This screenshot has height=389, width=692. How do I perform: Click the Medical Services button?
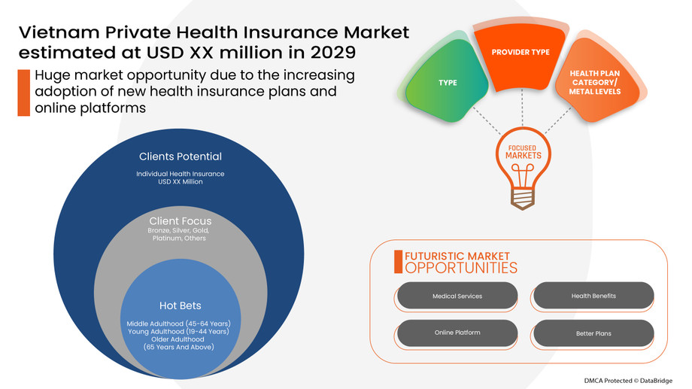click(x=457, y=296)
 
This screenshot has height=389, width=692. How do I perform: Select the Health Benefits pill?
click(x=593, y=296)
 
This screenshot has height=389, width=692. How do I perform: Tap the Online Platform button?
click(x=457, y=332)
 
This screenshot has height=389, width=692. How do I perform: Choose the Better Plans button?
click(x=593, y=332)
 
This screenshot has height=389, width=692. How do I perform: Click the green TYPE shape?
click(x=447, y=82)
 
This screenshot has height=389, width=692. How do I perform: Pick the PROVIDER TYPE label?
click(x=521, y=53)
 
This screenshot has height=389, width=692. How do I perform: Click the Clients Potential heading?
click(x=181, y=157)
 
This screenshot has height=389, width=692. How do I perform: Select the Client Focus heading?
click(x=180, y=220)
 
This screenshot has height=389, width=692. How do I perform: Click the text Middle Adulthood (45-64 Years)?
click(x=179, y=324)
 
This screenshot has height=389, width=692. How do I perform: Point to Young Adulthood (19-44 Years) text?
click(x=179, y=331)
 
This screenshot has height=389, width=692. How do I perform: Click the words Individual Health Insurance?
click(x=181, y=174)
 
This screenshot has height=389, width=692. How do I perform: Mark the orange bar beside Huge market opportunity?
click(x=23, y=92)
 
